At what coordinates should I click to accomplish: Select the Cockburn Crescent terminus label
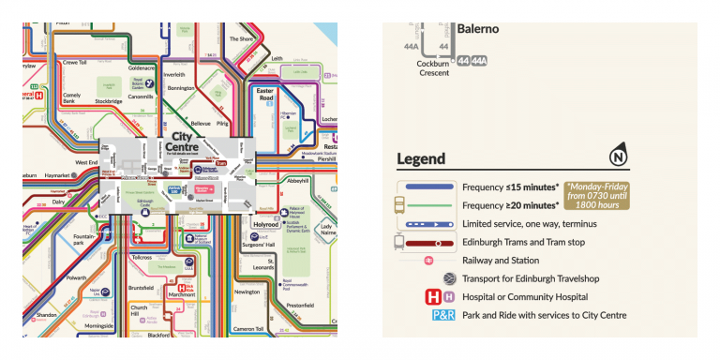pos(435,68)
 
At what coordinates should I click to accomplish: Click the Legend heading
pos(421,158)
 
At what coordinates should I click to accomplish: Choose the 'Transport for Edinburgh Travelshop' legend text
pos(543,278)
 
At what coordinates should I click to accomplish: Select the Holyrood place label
pos(265,225)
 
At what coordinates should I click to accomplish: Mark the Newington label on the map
pos(247,292)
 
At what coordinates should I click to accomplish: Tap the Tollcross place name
pos(142,256)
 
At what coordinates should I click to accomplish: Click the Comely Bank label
pos(71,99)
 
